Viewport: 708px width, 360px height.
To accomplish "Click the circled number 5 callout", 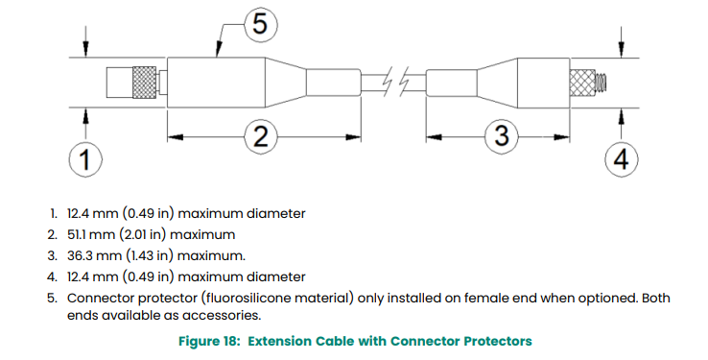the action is (261, 24).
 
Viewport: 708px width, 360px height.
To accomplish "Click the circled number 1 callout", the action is (85, 159).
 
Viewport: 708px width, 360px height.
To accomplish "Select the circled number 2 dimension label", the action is (261, 136).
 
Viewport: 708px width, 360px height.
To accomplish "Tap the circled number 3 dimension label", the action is (502, 135).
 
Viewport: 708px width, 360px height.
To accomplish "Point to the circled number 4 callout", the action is (622, 159).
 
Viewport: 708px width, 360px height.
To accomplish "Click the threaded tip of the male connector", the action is (601, 84).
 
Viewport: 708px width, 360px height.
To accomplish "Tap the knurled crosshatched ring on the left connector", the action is (144, 83).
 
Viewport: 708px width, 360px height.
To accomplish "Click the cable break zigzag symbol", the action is (396, 82).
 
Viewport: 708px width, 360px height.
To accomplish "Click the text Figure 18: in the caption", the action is (209, 341).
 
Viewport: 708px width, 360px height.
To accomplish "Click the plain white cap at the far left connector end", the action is (120, 83).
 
